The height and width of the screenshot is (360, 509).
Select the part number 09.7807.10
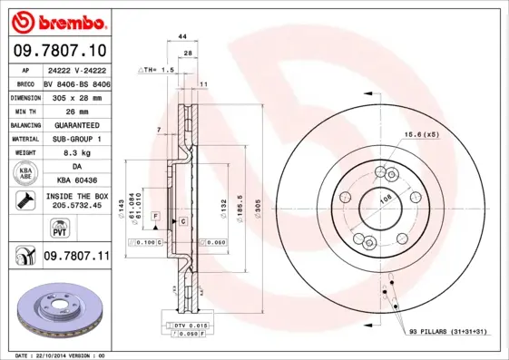pyautogui.click(x=58, y=51)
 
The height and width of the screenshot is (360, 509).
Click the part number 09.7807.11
pyautogui.click(x=75, y=258)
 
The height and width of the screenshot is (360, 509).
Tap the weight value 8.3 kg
pyautogui.click(x=75, y=154)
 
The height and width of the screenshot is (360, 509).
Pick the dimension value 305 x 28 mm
pyautogui.click(x=75, y=96)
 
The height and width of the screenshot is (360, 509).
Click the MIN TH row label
pyautogui.click(x=24, y=111)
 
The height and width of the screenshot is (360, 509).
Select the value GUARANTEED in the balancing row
pyautogui.click(x=75, y=125)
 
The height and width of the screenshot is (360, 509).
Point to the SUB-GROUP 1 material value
pyautogui.click(x=75, y=140)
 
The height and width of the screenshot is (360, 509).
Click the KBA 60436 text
pyautogui.click(x=75, y=182)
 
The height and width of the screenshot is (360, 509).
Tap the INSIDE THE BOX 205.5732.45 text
pyautogui.click(x=75, y=200)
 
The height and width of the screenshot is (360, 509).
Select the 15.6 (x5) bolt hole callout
pyautogui.click(x=420, y=135)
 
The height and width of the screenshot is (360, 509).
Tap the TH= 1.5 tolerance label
pyautogui.click(x=155, y=70)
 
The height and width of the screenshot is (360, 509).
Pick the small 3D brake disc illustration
pyautogui.click(x=56, y=314)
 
